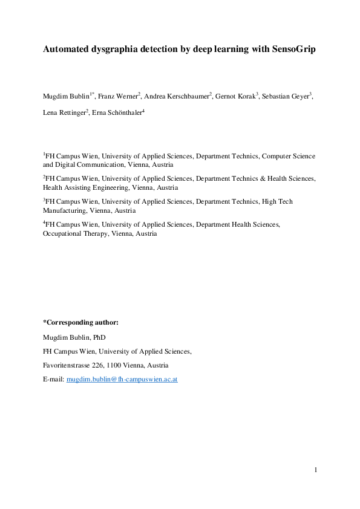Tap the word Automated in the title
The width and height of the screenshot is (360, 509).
click(x=66, y=49)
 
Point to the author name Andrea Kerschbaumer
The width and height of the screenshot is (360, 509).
click(x=177, y=96)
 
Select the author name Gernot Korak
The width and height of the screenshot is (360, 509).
click(x=237, y=96)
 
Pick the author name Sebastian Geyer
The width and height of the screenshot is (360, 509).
click(x=287, y=96)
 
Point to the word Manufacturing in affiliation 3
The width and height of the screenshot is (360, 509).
click(x=65, y=211)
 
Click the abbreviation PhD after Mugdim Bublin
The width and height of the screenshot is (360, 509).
click(x=99, y=337)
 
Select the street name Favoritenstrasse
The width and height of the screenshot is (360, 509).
click(x=69, y=365)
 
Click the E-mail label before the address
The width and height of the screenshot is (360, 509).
click(x=53, y=380)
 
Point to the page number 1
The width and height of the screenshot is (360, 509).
click(x=315, y=470)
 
